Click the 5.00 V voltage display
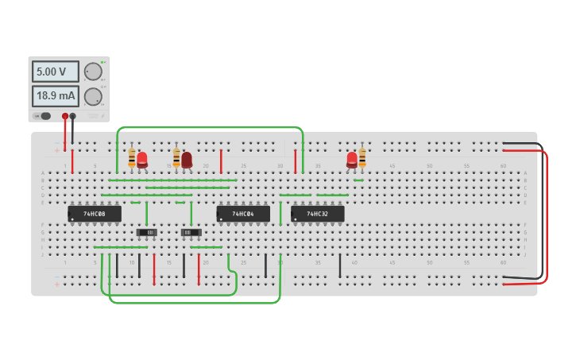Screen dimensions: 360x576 coord(55,72)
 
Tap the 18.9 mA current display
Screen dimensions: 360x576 coord(55,96)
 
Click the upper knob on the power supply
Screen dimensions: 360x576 coord(93,72)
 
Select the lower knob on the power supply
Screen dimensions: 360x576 coord(93,97)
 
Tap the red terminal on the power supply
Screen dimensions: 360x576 coord(65,116)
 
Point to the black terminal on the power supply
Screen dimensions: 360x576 coord(73,116)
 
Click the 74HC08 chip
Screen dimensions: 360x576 coord(95,214)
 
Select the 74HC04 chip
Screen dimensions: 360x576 coord(243,214)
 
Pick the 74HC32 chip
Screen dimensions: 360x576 coord(318,214)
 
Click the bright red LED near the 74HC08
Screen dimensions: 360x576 coord(142,159)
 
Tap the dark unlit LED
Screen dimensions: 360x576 coord(187,160)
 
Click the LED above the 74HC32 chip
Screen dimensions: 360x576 coord(352,159)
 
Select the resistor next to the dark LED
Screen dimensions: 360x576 coord(176,158)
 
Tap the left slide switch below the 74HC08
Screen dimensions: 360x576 coord(147,232)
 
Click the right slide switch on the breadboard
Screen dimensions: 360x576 coord(191,232)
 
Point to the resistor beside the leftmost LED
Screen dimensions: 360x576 coord(132,158)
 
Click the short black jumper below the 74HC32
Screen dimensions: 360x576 coord(340,265)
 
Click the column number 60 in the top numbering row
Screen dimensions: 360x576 coord(503,166)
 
